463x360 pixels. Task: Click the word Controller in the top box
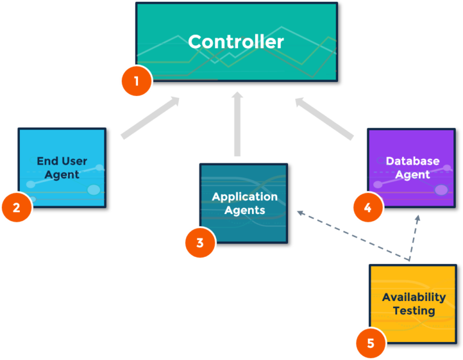(x=236, y=42)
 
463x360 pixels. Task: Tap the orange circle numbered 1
(x=136, y=81)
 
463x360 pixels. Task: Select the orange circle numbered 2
(x=16, y=207)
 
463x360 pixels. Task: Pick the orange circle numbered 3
(x=200, y=243)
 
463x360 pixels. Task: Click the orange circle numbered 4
(x=368, y=208)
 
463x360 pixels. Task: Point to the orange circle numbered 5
(x=370, y=343)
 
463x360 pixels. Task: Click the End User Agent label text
(x=62, y=168)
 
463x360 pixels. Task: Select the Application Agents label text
(x=244, y=203)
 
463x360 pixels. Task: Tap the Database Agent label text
(x=412, y=168)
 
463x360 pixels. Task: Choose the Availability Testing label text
(x=414, y=304)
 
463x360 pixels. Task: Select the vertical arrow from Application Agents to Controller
(x=237, y=124)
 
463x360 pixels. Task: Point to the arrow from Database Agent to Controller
(x=324, y=119)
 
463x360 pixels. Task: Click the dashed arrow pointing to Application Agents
(x=350, y=235)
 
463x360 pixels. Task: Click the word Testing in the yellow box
(x=414, y=311)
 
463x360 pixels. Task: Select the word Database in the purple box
(x=412, y=161)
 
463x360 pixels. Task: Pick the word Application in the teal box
(x=244, y=197)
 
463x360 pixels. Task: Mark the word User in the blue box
(x=75, y=161)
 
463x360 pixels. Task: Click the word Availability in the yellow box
(x=414, y=297)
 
